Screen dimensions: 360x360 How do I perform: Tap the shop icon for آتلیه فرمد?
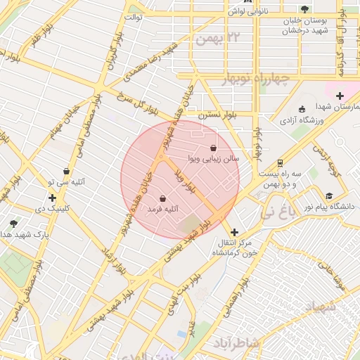(163, 198)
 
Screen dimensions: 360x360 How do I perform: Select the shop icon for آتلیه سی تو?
(66, 171)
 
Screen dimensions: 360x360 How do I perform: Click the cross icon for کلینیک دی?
(51, 198)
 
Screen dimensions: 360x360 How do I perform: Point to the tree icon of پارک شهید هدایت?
(13, 223)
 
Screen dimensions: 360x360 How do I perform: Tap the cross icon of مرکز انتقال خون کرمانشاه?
(234, 231)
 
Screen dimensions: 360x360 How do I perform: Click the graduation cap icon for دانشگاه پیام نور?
(329, 195)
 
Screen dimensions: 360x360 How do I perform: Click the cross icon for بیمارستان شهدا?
(340, 96)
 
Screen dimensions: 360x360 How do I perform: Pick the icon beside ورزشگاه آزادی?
(302, 109)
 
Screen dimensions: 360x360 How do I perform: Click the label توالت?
(134, 16)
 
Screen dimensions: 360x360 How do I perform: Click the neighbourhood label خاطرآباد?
(237, 342)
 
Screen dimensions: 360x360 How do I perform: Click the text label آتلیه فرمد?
(163, 210)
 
